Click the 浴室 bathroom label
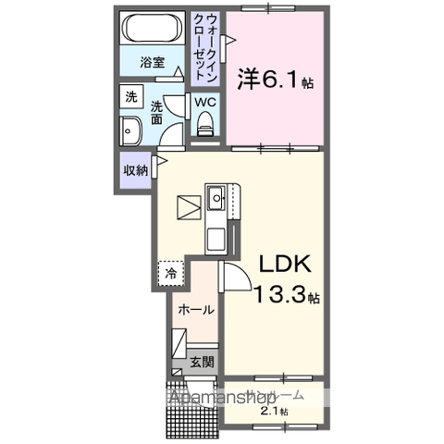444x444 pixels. pyautogui.click(x=152, y=64)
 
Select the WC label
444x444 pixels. pyautogui.click(x=205, y=103)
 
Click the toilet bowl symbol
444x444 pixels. pyautogui.click(x=205, y=123)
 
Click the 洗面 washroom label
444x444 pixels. pyautogui.click(x=156, y=113)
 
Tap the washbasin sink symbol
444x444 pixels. pyautogui.click(x=129, y=130)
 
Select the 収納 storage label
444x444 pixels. pyautogui.click(x=136, y=170)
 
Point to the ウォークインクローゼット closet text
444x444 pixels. pyautogui.click(x=213, y=45)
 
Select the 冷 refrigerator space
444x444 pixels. pyautogui.click(x=171, y=273)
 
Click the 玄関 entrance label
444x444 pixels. pyautogui.click(x=203, y=364)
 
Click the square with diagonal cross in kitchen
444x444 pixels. pyautogui.click(x=190, y=206)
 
